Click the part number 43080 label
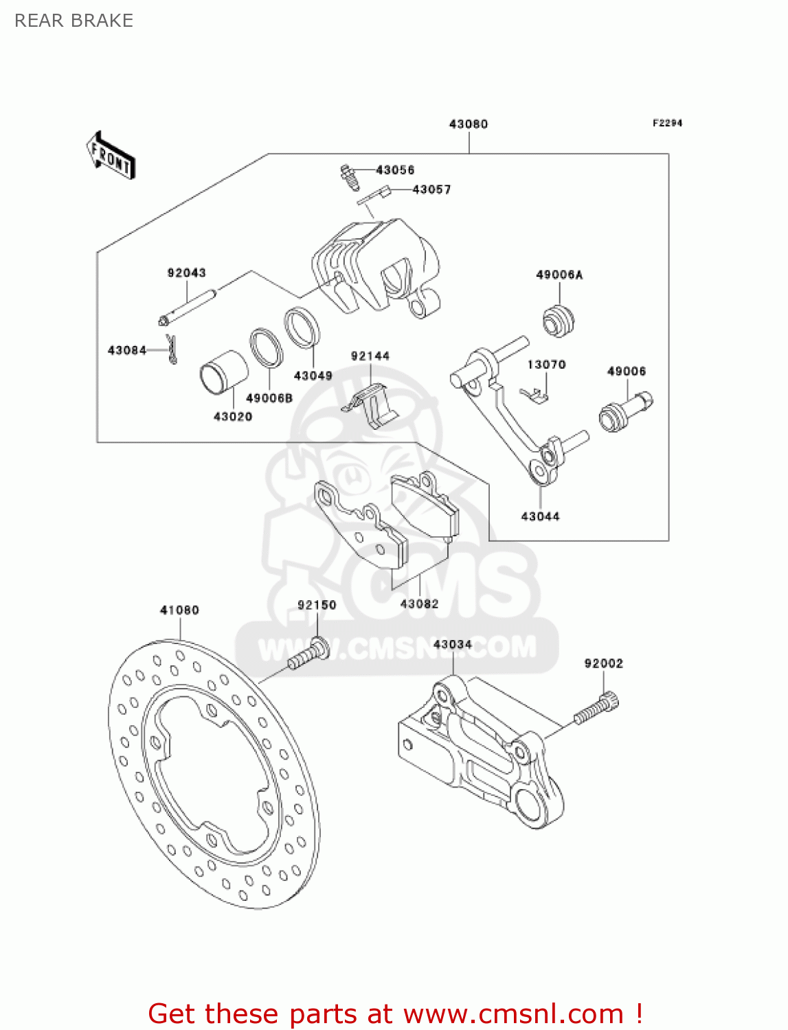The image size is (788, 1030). [x=468, y=124]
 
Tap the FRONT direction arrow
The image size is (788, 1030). [x=111, y=156]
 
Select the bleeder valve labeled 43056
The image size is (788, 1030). [x=350, y=177]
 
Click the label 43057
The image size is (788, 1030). [x=431, y=190]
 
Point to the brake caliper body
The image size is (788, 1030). [x=374, y=268]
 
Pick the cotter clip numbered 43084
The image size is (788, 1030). [x=172, y=349]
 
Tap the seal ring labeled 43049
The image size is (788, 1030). [x=302, y=328]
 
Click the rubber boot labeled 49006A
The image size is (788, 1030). [x=559, y=320]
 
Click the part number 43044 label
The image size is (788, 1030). [x=540, y=516]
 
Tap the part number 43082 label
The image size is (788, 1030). [x=419, y=604]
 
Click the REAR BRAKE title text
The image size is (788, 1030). [x=74, y=21]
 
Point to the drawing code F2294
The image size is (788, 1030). [x=667, y=123]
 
